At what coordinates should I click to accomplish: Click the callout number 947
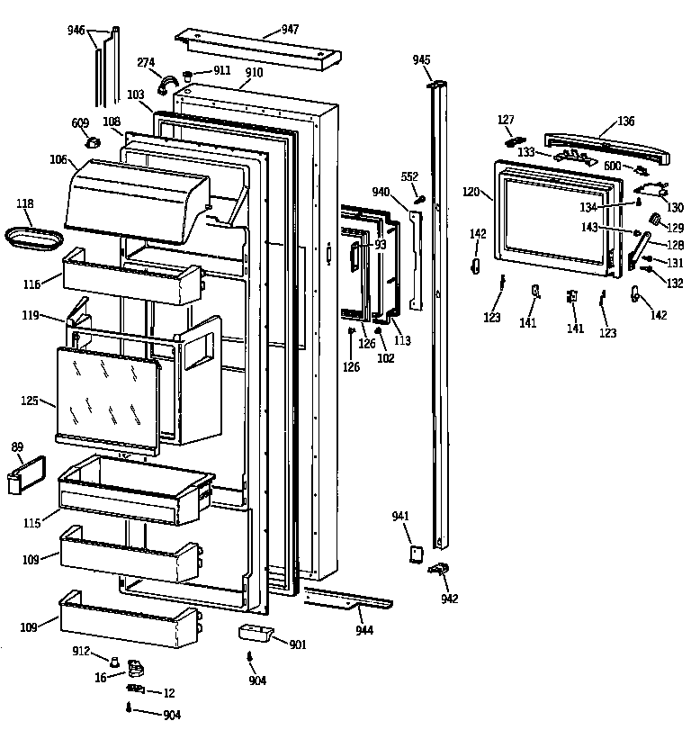290,30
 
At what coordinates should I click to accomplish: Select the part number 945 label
421,59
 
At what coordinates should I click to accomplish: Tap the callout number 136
625,122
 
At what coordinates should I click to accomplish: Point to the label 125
31,401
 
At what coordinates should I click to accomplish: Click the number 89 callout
16,447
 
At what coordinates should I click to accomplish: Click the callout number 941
400,516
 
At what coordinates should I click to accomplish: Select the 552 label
410,176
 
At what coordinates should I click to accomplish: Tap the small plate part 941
417,552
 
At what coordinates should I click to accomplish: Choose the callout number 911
221,70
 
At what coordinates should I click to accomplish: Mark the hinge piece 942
441,570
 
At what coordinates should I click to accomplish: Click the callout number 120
471,193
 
